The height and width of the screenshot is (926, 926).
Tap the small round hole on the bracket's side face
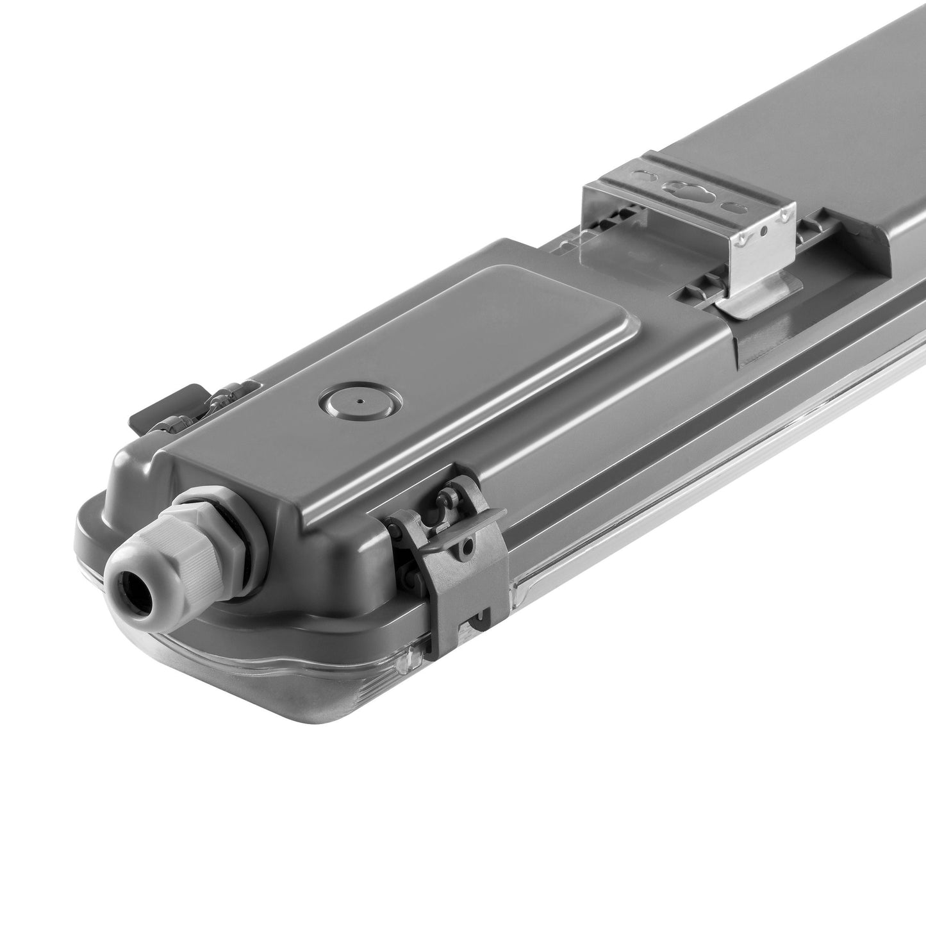(763, 229)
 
